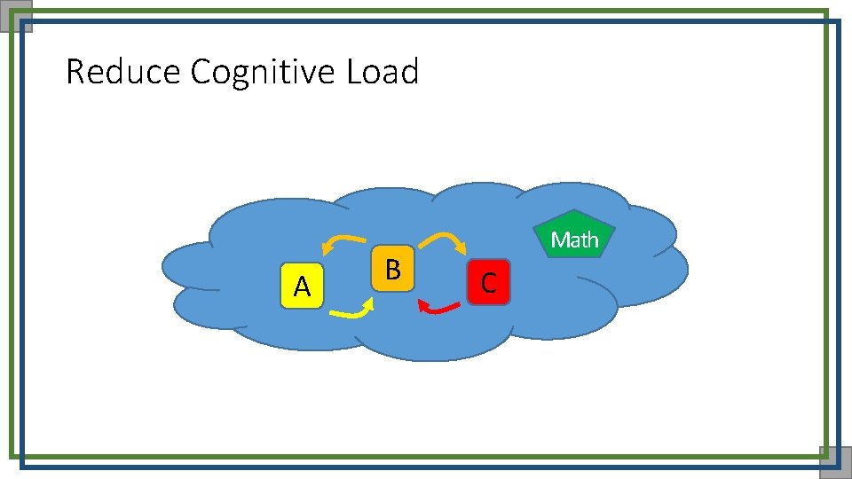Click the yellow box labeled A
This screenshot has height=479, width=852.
coord(302,286)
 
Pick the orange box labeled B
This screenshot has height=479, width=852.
coord(392,267)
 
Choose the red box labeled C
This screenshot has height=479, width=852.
coord(488,282)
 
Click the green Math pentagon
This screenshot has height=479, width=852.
coord(575,236)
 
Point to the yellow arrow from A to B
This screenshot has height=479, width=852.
coord(350,311)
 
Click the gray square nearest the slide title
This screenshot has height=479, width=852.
coord(17,15)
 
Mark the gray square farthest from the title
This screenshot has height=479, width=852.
coord(834,462)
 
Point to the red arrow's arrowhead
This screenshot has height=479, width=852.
coord(423,307)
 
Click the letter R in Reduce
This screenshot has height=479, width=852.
coord(75,72)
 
